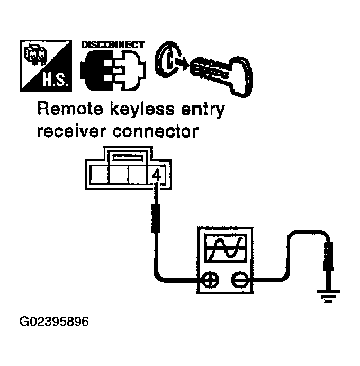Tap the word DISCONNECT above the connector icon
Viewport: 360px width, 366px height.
[x=113, y=45]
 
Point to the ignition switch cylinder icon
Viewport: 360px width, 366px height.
[x=168, y=62]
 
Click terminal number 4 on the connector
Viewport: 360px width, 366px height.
[x=156, y=174]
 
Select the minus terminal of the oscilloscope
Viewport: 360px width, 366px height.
[x=240, y=279]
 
